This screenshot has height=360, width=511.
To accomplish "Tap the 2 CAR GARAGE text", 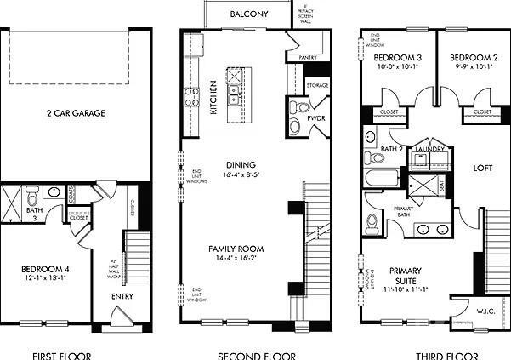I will (76, 112).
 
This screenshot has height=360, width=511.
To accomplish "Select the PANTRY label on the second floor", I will (308, 58).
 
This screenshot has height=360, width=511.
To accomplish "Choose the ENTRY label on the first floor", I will (122, 296).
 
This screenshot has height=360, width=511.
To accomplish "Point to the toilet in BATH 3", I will (31, 192).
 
